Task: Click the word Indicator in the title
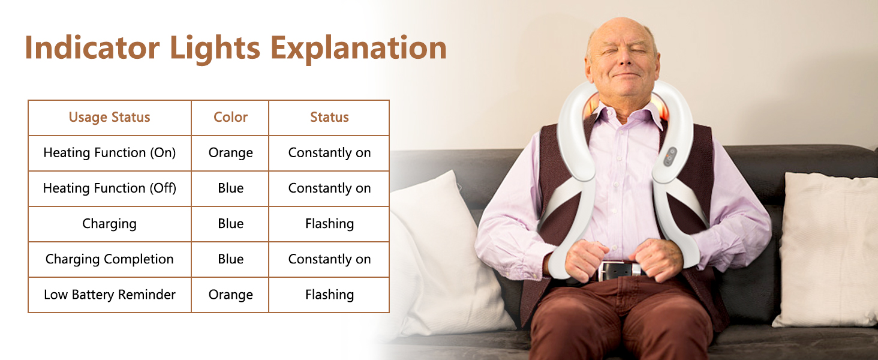tap(92, 47)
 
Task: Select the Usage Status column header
tap(109, 117)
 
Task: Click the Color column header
tap(230, 117)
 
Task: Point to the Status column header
tap(329, 117)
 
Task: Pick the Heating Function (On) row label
tap(109, 152)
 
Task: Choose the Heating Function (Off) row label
tap(109, 188)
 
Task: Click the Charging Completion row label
tap(109, 259)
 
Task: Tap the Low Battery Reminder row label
tap(109, 295)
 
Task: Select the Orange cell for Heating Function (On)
tap(230, 153)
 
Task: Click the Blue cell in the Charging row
tap(230, 224)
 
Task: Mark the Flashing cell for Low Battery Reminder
tap(329, 295)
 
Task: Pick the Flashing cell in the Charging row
tap(329, 224)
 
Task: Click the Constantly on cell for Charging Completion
tap(329, 259)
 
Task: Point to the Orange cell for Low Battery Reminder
tap(230, 295)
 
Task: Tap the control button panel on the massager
tap(670, 157)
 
